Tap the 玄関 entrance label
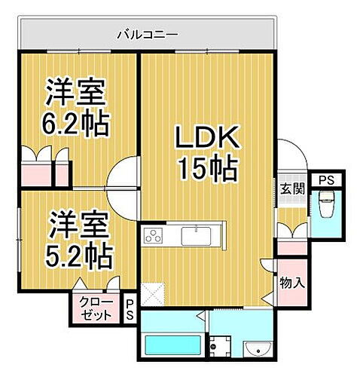[x=293, y=189]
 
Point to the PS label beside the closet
[x=130, y=308]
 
